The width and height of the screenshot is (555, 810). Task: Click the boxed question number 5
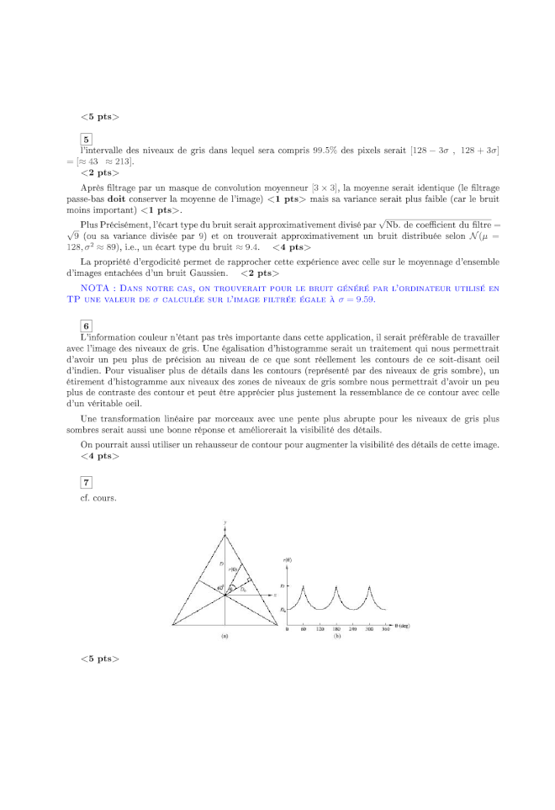[x=86, y=140]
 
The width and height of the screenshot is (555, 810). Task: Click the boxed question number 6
[x=86, y=326]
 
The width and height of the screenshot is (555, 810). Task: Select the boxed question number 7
[x=86, y=481]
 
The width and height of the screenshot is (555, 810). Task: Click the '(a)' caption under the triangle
[x=225, y=637]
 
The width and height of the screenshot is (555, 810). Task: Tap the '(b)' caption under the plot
[x=337, y=637]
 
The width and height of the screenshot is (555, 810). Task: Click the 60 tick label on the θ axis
[x=303, y=628]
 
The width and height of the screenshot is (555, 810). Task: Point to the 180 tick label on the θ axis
[x=336, y=628]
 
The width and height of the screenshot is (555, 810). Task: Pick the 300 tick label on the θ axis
[x=369, y=628]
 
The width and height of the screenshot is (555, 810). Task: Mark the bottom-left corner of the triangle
[x=172, y=625]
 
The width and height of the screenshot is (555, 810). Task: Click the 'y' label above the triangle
[x=225, y=523]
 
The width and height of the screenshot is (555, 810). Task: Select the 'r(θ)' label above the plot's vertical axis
[x=288, y=559]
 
